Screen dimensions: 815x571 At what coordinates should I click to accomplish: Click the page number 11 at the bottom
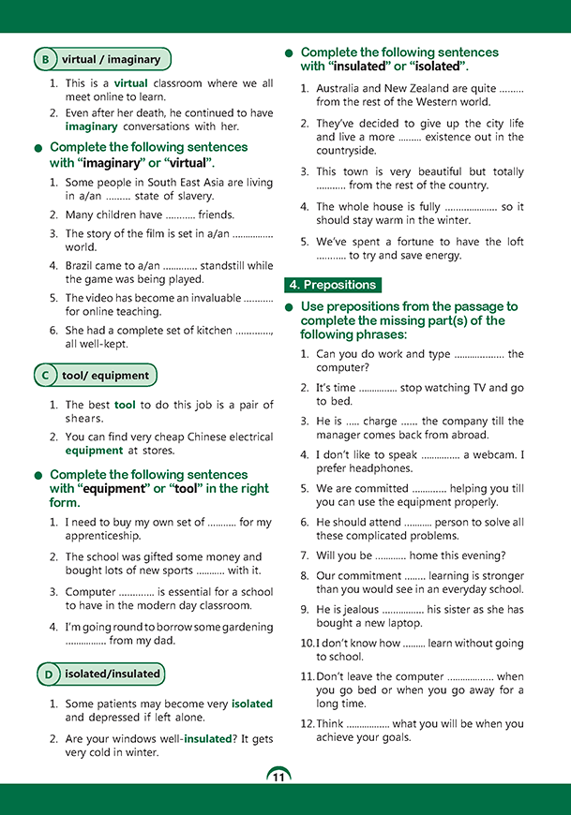(x=278, y=777)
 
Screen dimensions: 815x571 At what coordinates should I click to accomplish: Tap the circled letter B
(x=46, y=60)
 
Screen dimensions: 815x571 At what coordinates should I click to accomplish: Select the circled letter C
(x=46, y=376)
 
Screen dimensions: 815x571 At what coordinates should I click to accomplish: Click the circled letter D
(x=46, y=674)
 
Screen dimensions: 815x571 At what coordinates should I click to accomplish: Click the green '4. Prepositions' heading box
(x=333, y=285)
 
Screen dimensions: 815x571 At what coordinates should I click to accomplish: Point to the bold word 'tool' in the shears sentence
(x=125, y=405)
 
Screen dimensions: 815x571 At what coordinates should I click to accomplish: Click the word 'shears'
(x=84, y=419)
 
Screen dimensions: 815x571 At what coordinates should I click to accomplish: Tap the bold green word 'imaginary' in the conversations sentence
(x=91, y=126)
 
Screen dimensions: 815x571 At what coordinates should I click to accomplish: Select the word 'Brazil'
(x=83, y=265)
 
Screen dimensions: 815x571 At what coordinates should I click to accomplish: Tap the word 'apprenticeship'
(x=103, y=536)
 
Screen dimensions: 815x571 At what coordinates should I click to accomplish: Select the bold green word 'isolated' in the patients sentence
(x=252, y=704)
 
